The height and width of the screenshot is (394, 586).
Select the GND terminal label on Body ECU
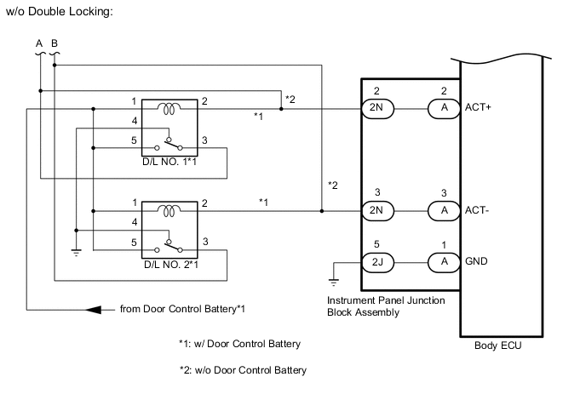(478, 262)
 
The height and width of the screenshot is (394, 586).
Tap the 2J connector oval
(378, 262)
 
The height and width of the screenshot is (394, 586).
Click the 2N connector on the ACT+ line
(378, 109)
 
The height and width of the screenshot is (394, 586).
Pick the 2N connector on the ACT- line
(378, 213)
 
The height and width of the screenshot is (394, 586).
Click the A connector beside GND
(443, 262)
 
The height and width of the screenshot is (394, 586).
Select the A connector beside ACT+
(443, 109)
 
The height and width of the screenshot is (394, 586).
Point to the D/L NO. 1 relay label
(171, 161)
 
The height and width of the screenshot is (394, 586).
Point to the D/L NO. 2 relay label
(171, 265)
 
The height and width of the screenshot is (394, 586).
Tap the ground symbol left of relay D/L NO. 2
(76, 253)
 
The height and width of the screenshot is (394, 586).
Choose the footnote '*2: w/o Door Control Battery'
(243, 369)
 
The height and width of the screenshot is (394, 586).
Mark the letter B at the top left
(55, 43)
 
